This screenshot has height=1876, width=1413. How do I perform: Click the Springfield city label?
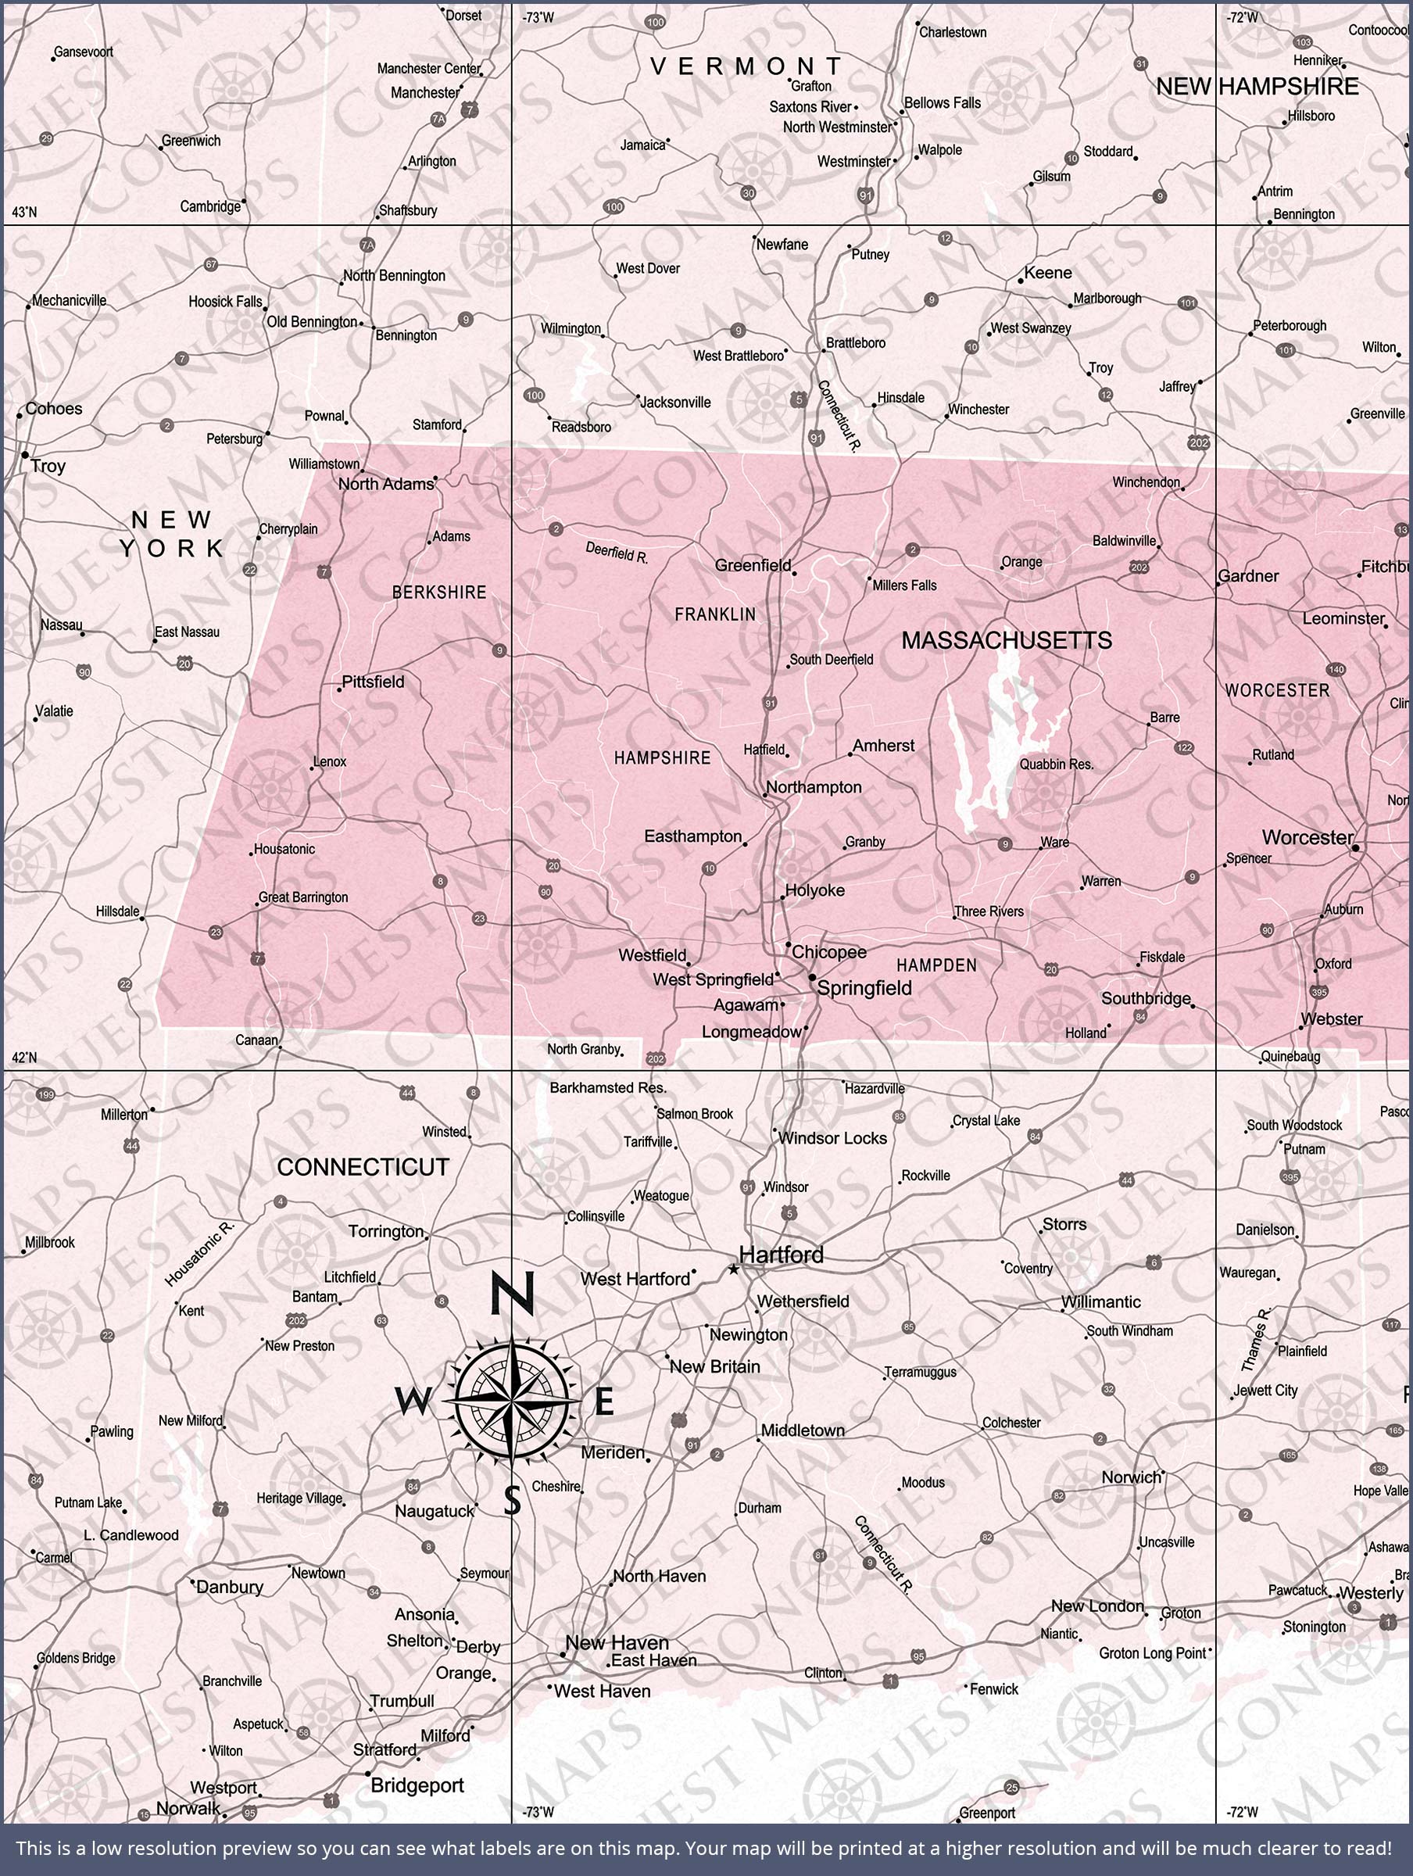click(864, 988)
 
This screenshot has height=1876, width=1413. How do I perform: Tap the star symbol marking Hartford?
click(734, 1269)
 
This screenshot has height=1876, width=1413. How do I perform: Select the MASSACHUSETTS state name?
click(1006, 640)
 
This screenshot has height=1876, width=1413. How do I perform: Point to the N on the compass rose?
click(511, 1294)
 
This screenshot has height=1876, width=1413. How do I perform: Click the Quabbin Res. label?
click(1056, 764)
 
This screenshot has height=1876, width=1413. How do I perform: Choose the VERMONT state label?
click(746, 66)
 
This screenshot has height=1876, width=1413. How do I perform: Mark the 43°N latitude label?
click(24, 212)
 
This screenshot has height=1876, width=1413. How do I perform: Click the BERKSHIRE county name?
click(438, 592)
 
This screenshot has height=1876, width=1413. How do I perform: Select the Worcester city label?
click(1307, 837)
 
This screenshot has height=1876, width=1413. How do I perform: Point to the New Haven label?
click(617, 1642)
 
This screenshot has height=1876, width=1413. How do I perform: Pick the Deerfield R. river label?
click(617, 553)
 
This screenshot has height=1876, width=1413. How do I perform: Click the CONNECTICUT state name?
click(363, 1167)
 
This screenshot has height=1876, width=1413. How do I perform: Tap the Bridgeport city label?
click(417, 1785)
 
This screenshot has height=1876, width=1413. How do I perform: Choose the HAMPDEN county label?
click(936, 965)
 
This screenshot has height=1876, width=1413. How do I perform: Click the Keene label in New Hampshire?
click(1048, 273)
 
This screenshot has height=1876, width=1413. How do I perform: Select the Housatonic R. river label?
click(199, 1254)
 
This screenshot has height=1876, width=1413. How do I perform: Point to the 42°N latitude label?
click(24, 1058)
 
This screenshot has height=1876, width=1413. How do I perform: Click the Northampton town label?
click(814, 787)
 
